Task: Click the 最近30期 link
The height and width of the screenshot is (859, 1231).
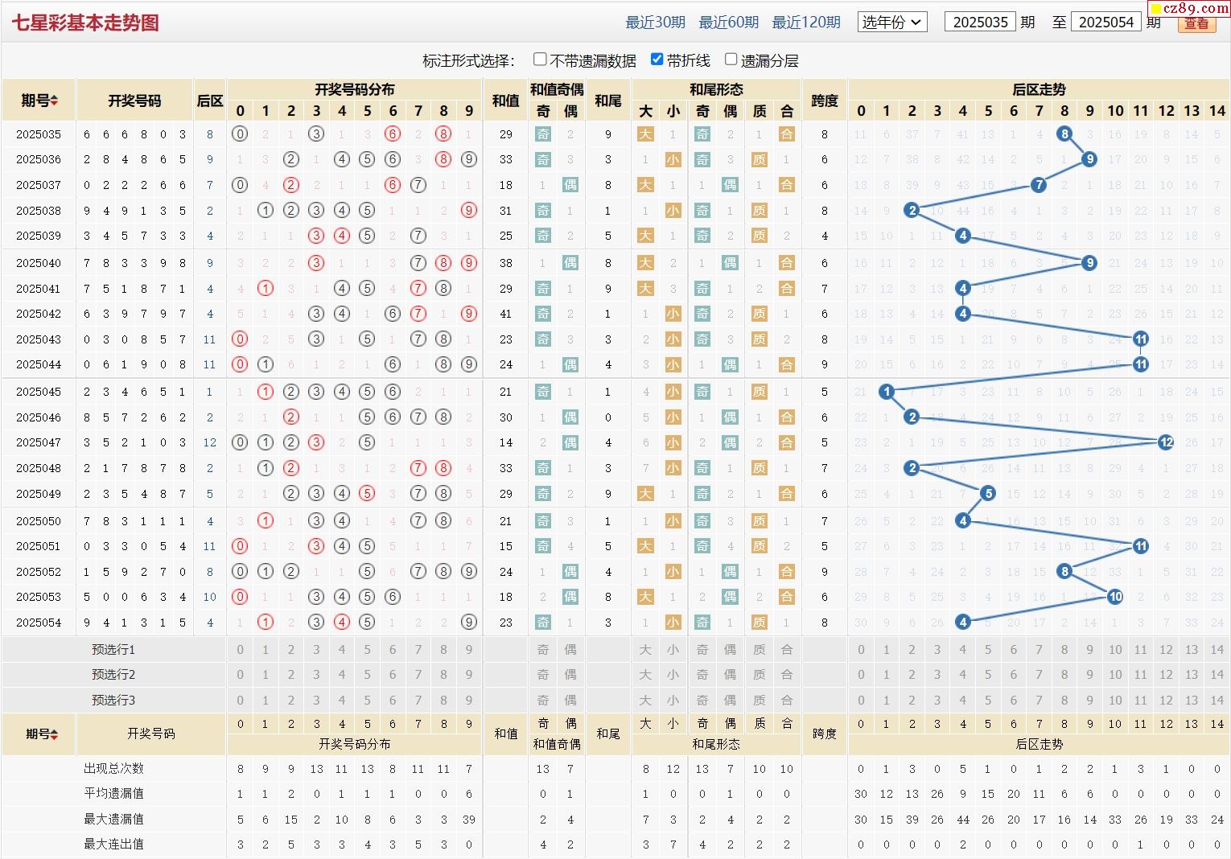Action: (x=655, y=23)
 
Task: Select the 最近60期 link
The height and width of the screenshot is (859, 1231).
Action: (x=728, y=23)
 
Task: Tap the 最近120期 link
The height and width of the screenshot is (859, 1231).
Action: (x=805, y=23)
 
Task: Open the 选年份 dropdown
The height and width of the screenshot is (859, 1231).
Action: (x=892, y=23)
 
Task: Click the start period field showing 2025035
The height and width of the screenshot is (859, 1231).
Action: (x=980, y=23)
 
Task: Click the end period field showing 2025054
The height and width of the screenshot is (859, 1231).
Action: (x=1105, y=23)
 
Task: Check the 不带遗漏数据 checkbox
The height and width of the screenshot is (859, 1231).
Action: (x=541, y=60)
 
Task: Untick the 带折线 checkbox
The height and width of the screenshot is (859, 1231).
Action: (x=657, y=60)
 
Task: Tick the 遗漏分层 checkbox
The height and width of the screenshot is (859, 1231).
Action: (x=731, y=60)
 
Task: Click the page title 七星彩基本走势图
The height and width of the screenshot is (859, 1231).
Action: (x=85, y=23)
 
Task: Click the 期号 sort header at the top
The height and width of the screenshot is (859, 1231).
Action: (x=39, y=101)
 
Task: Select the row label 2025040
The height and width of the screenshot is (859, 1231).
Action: (x=39, y=263)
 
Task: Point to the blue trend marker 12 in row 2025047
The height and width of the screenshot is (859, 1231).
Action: (x=1166, y=442)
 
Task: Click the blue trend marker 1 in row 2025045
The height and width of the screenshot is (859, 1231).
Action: (x=887, y=392)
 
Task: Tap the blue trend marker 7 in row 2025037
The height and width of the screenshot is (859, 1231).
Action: (x=1039, y=185)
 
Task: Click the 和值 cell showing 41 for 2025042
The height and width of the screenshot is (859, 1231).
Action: (x=505, y=314)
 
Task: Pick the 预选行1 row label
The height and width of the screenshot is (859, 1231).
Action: (x=113, y=650)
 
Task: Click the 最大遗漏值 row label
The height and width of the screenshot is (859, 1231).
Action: (x=113, y=819)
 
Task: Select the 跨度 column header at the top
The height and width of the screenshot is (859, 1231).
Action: (x=824, y=101)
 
